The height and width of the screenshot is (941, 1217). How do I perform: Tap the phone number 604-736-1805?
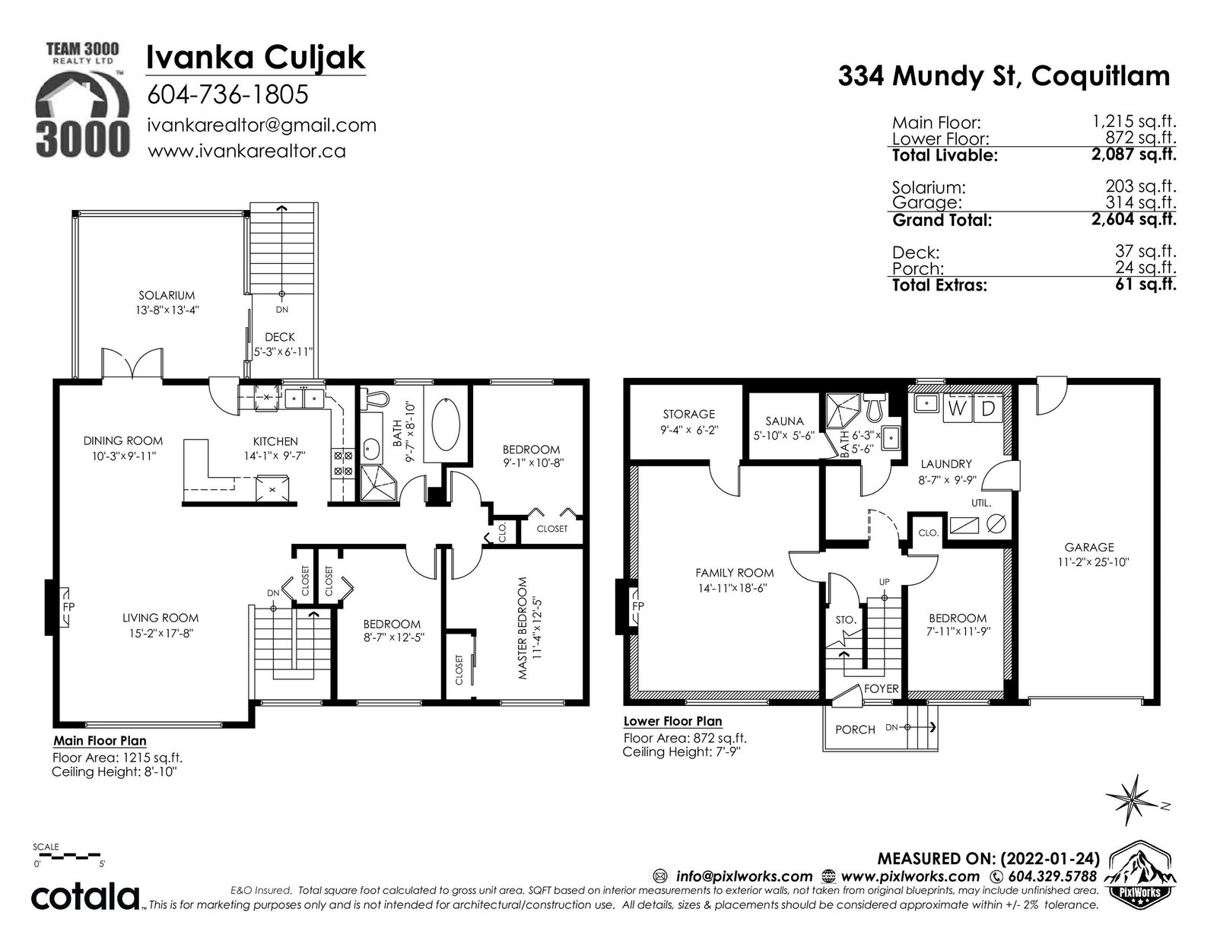pyautogui.click(x=227, y=94)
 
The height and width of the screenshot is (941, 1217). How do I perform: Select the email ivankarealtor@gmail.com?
pyautogui.click(x=262, y=126)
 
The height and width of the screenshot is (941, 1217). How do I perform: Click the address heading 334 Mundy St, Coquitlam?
pyautogui.click(x=1003, y=76)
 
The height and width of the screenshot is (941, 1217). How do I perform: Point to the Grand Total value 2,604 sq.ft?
pyautogui.click(x=1133, y=220)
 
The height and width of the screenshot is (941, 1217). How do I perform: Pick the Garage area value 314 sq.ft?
pyautogui.click(x=1141, y=202)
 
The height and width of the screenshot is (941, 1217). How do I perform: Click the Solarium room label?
pyautogui.click(x=167, y=295)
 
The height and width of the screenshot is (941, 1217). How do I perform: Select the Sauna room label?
pyautogui.click(x=784, y=421)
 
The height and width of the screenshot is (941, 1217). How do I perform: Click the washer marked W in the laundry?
pyautogui.click(x=957, y=409)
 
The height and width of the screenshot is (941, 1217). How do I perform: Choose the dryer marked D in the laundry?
pyautogui.click(x=989, y=409)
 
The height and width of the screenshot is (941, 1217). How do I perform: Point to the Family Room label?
pyautogui.click(x=734, y=573)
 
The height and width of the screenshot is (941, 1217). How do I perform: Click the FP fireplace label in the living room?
pyautogui.click(x=68, y=606)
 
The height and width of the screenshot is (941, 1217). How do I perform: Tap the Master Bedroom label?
pyautogui.click(x=523, y=628)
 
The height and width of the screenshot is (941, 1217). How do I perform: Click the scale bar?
pyautogui.click(x=67, y=857)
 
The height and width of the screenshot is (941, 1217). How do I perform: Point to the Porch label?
pyautogui.click(x=855, y=730)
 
